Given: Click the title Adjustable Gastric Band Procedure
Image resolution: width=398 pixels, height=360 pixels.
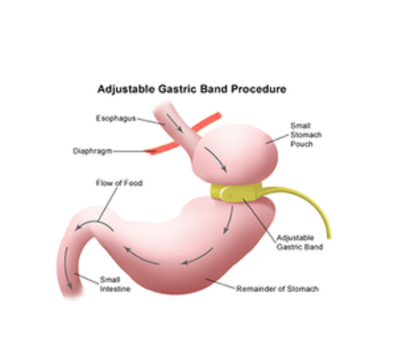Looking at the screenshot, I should point(192,89).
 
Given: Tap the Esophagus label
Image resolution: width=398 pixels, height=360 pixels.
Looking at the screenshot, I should point(115,119).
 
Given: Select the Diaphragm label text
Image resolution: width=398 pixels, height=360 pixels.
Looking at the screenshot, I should point(92,151).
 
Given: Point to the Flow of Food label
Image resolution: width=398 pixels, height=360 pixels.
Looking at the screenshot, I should point(119,182).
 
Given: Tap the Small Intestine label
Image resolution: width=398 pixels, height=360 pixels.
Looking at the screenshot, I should point(111,284).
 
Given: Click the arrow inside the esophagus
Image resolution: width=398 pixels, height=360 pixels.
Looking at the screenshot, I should point(175,120).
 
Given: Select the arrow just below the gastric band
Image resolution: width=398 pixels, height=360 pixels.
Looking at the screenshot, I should point(230,219).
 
